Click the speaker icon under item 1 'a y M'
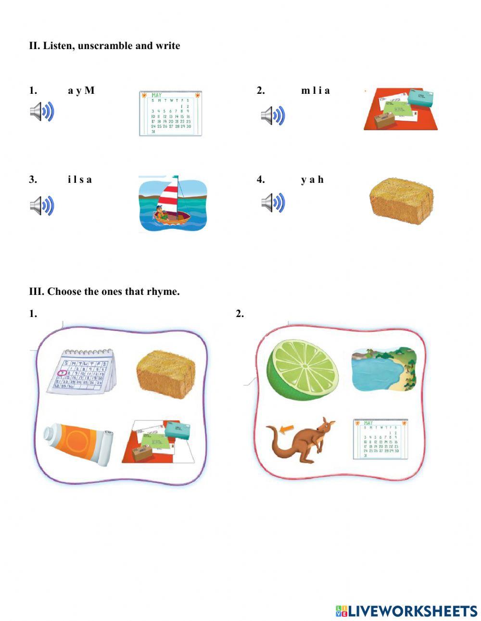pos(42,112)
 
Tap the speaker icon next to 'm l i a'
pos(273,115)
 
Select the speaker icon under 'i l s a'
pos(42,205)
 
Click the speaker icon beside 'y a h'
pos(273,203)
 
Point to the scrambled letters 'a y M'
pos(81,90)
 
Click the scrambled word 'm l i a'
pos(316,90)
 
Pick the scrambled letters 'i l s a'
pos(80,180)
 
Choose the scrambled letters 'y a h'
pos(312,180)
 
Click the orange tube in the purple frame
pos(78,445)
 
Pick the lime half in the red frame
pos(303,369)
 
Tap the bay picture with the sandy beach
pos(383,368)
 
